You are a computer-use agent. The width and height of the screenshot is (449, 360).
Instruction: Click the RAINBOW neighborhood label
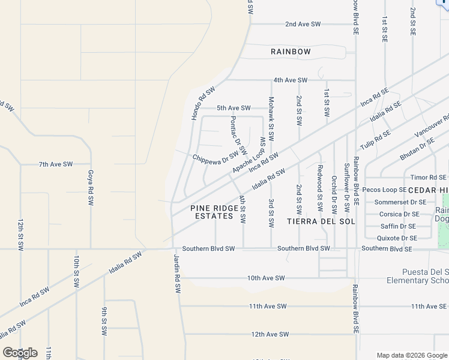tap(291, 52)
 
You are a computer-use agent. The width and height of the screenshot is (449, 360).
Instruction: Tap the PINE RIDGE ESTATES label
tap(211, 212)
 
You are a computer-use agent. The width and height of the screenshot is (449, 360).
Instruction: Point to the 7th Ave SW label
tap(55, 164)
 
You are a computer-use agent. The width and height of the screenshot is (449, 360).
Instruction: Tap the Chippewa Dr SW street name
tap(215, 158)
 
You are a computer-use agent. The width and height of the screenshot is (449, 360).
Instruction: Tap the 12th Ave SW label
tap(270, 334)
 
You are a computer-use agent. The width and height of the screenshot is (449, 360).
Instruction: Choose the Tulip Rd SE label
tap(375, 139)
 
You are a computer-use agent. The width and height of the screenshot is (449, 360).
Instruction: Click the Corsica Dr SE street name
tap(399, 214)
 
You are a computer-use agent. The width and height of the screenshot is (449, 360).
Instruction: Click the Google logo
tap(20, 353)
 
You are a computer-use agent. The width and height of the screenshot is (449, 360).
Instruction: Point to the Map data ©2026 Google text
tap(411, 355)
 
